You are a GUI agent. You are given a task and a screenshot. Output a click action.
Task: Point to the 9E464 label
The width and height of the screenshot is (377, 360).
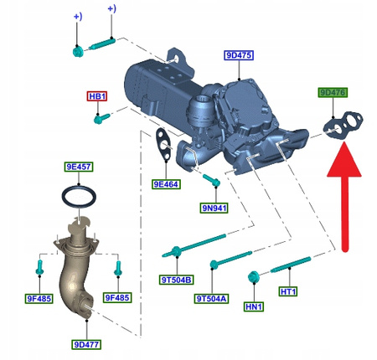(x=166, y=183)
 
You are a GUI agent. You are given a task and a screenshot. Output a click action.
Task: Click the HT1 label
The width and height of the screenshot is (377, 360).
(x=288, y=291)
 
